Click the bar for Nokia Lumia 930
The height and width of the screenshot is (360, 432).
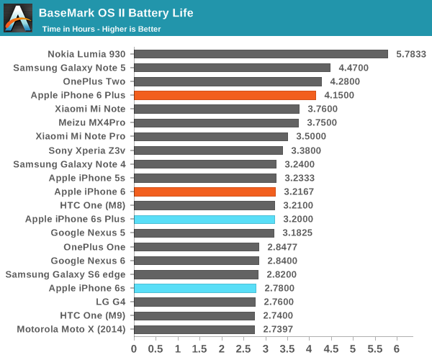261,54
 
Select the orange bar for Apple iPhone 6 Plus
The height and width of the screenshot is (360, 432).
225,95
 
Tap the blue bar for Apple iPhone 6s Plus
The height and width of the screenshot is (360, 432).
204,219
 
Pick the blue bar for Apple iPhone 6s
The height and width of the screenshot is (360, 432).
195,288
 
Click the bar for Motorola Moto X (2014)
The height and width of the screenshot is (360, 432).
194,329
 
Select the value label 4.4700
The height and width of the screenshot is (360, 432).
354,68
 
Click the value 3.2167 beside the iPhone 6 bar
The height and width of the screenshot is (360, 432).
300,192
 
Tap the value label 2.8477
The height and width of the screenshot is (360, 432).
283,247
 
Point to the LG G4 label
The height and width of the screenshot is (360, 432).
111,302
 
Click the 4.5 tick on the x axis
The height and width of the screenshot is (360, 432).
330,349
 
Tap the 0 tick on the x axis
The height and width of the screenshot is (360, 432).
134,349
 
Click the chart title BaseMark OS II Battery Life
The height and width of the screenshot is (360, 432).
116,13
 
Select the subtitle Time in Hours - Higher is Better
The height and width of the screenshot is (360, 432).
102,29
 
